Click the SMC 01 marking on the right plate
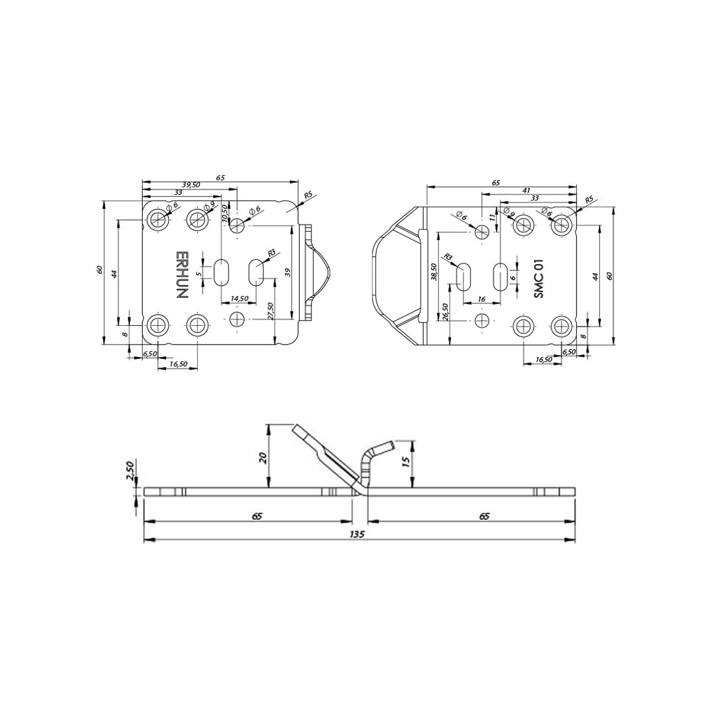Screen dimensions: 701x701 click(539, 279)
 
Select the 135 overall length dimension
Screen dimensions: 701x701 click(358, 534)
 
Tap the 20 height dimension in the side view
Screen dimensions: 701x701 click(263, 457)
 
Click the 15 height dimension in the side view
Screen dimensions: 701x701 click(406, 462)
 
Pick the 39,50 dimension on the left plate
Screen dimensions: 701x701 click(191, 185)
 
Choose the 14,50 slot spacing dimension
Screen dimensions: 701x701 click(239, 298)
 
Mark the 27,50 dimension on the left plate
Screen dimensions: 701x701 click(270, 311)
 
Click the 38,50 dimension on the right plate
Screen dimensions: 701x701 click(433, 272)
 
